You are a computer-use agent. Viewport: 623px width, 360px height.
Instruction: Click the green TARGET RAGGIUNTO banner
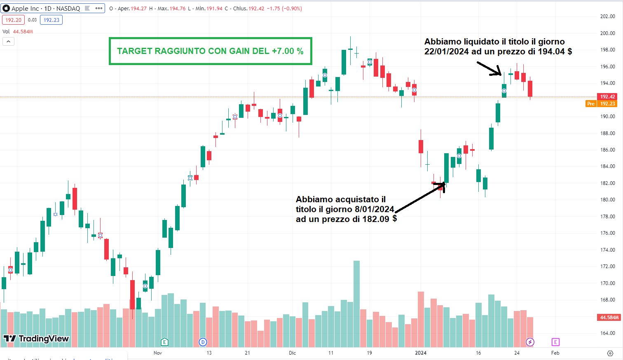(x=210, y=51)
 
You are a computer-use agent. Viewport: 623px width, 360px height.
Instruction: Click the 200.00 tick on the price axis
(x=607, y=33)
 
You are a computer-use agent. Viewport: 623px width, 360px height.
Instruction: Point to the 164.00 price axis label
(x=607, y=333)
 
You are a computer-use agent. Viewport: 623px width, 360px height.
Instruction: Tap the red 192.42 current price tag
(x=607, y=97)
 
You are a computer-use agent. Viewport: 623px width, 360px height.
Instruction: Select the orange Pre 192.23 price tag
(x=601, y=104)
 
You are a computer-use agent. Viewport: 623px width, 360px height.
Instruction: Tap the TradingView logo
(x=36, y=339)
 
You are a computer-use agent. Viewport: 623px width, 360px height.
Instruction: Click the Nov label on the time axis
(x=157, y=353)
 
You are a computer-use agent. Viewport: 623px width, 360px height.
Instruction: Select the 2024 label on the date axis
(x=421, y=353)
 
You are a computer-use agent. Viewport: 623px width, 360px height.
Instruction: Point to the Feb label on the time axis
(x=555, y=353)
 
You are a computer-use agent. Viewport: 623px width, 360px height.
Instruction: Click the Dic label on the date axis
(x=292, y=353)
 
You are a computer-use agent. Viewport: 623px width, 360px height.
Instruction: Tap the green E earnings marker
(x=164, y=342)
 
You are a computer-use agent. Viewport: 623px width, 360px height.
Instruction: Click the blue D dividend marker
(x=202, y=342)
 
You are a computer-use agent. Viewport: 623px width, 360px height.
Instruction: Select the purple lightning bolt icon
(x=530, y=342)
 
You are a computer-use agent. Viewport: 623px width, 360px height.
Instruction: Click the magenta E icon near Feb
(x=555, y=342)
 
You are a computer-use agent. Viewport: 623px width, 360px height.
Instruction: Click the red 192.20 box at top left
(x=14, y=20)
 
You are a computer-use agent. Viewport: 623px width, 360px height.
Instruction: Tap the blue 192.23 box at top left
(x=52, y=20)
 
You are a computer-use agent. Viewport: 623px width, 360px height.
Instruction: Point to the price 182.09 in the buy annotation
(x=375, y=219)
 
